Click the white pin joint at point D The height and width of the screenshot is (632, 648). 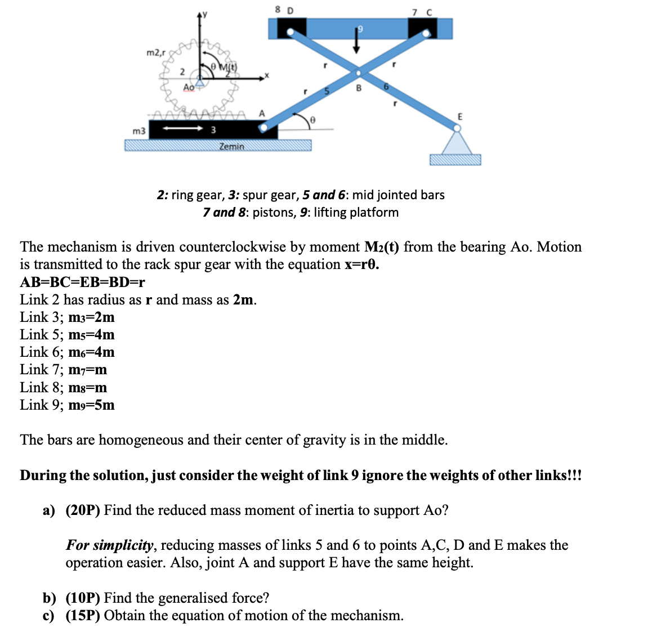pyautogui.click(x=290, y=33)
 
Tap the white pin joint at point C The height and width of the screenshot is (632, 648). pyautogui.click(x=426, y=33)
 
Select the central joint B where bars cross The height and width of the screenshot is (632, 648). pyautogui.click(x=358, y=73)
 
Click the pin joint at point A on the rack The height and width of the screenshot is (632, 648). pyautogui.click(x=262, y=128)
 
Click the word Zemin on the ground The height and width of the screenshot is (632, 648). pyautogui.click(x=231, y=146)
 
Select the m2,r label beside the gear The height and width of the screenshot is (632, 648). pyautogui.click(x=155, y=53)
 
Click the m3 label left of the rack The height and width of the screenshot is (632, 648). pyautogui.click(x=138, y=131)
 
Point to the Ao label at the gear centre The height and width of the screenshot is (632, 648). pyautogui.click(x=189, y=87)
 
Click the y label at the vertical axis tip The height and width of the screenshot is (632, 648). pyautogui.click(x=205, y=14)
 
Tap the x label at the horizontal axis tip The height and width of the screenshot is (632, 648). pyautogui.click(x=267, y=74)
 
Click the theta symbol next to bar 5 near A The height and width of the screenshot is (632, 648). pyautogui.click(x=313, y=119)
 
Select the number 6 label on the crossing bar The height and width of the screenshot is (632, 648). pyautogui.click(x=386, y=87)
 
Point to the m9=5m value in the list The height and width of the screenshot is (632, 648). pyautogui.click(x=91, y=405)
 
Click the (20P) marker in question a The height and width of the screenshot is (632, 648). pyautogui.click(x=83, y=510)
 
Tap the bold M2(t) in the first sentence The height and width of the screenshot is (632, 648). pyautogui.click(x=382, y=247)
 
